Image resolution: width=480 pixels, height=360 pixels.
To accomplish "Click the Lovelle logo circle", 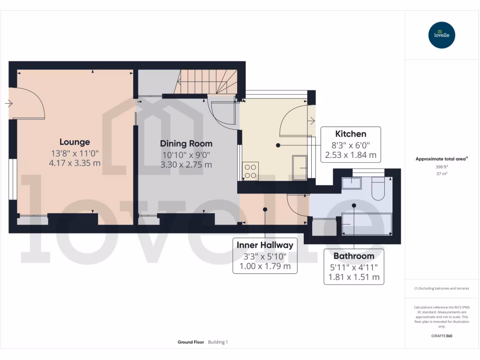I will pos(442,35).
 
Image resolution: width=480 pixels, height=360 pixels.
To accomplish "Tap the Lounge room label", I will pos(75,142).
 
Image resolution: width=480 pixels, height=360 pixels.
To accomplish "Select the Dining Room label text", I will pos(186,143).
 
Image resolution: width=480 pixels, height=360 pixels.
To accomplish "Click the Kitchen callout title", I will pos(351,134).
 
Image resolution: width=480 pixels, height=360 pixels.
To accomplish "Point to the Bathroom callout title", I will pos(353,256).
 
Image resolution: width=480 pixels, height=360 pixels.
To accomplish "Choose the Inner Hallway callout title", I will pos(265,245).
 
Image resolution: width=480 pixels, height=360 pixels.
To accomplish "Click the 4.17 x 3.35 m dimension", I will pos(75,163).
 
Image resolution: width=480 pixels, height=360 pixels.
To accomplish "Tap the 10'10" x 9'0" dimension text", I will pos(186,154).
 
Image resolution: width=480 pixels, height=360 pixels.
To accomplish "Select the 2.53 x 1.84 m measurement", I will pos(351,154).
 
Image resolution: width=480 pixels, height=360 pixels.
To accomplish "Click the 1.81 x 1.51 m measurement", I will pos(353,277).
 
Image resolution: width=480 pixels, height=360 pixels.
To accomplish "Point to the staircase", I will pos(209,82).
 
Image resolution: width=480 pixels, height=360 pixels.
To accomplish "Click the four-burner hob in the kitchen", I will pos(250,171).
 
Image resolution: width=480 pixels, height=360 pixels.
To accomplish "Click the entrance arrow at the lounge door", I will pos(9,104).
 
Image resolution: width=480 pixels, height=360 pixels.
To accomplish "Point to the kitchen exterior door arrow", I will pos(312,121).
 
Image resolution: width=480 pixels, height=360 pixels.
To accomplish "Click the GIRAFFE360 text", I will pos(442,336).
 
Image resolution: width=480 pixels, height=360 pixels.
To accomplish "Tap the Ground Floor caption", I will pos(191,342).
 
